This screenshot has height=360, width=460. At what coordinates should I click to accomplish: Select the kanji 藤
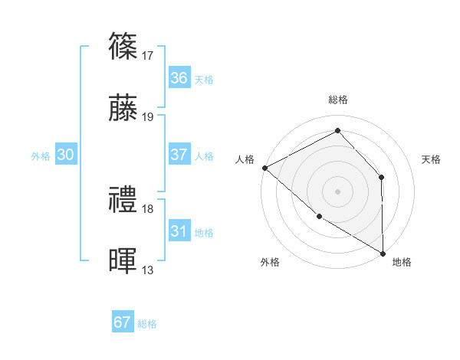coord(123,107)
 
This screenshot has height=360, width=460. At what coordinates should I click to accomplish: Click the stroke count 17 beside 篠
coord(148,56)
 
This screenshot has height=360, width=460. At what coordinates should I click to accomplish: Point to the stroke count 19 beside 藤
coord(148,117)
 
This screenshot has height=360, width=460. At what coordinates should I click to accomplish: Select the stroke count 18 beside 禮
coord(148,209)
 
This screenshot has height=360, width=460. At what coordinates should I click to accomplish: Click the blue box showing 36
coord(179,78)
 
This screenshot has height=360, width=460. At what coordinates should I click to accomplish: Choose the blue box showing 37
coord(179,155)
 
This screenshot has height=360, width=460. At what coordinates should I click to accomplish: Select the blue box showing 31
coord(179,231)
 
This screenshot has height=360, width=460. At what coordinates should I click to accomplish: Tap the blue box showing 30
coord(65,155)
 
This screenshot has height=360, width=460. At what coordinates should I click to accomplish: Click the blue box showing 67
coord(122,322)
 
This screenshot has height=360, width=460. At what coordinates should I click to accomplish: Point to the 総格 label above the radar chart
coord(338,100)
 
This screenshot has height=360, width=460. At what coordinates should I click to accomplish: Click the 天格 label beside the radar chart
coord(431,159)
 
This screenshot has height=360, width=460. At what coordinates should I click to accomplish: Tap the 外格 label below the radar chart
coord(269,262)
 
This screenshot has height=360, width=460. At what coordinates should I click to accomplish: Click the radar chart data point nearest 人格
coord(264,167)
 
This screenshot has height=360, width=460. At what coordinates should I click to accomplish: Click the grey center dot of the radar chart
coord(337,191)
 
